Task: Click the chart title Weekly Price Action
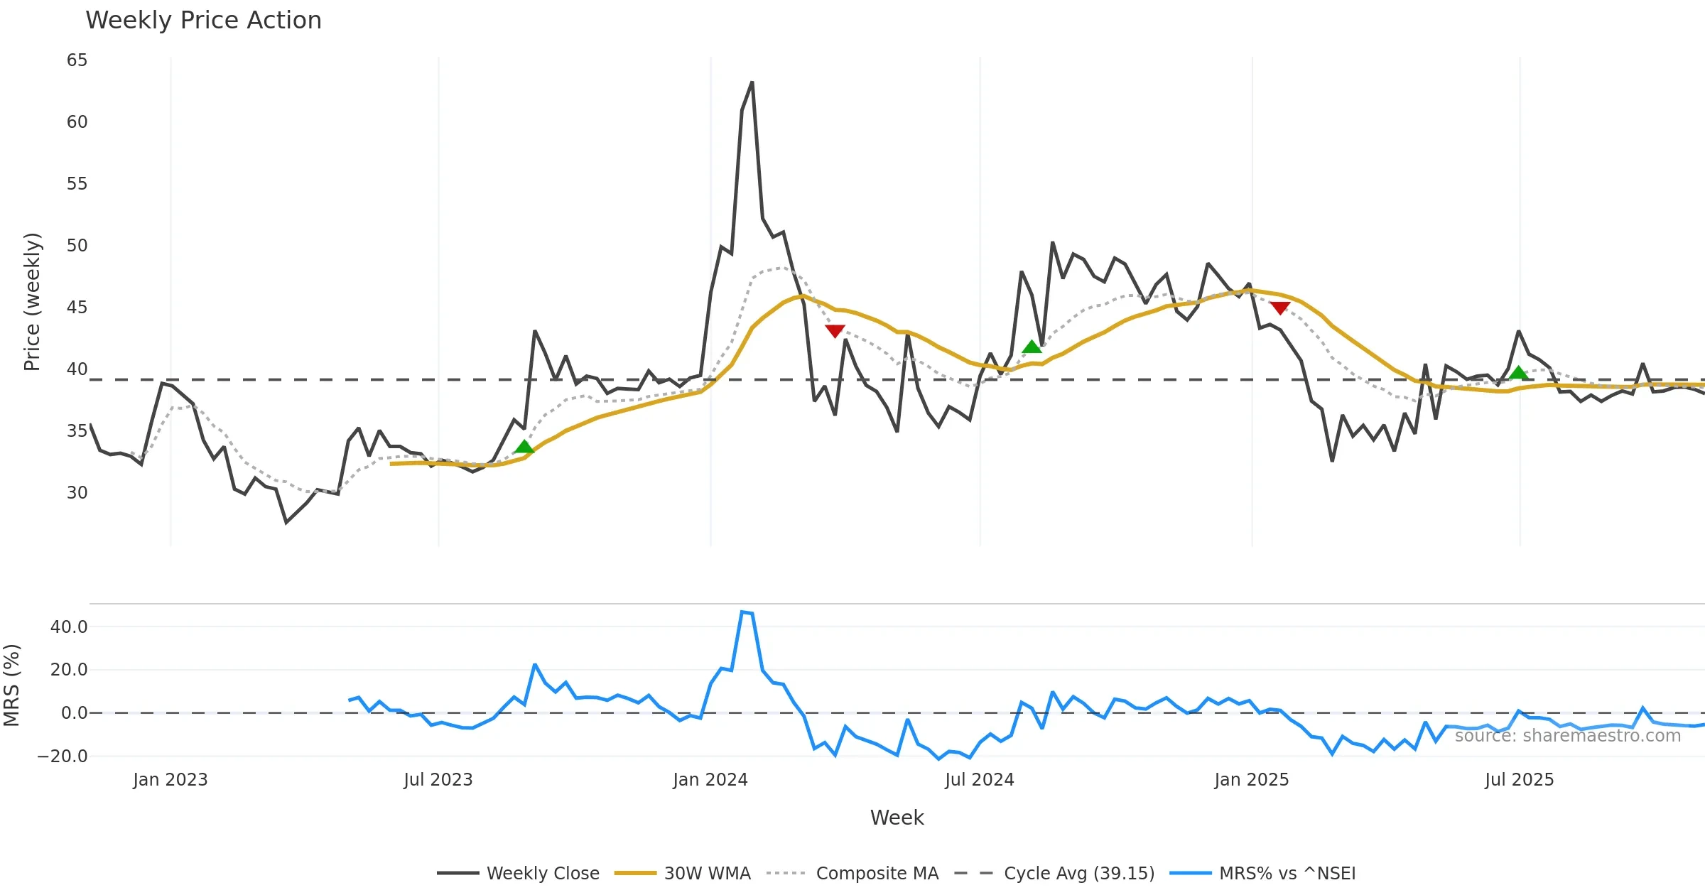pyautogui.click(x=203, y=21)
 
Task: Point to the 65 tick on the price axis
pyautogui.click(x=77, y=60)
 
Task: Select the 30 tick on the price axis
pyautogui.click(x=77, y=493)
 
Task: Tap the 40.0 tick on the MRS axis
pyautogui.click(x=69, y=627)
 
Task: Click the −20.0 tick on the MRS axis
pyautogui.click(x=63, y=756)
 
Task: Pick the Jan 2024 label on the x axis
pyautogui.click(x=710, y=780)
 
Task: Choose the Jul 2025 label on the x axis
pyautogui.click(x=1519, y=780)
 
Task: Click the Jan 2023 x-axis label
pyautogui.click(x=170, y=780)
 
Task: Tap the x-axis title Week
pyautogui.click(x=897, y=818)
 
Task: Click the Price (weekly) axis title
pyautogui.click(x=32, y=302)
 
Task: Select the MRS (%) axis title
pyautogui.click(x=11, y=685)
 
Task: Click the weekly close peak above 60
pyautogui.click(x=752, y=83)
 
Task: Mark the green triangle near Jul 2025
pyautogui.click(x=1518, y=373)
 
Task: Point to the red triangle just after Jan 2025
pyautogui.click(x=1280, y=308)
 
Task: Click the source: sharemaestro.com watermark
pyautogui.click(x=1567, y=736)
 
